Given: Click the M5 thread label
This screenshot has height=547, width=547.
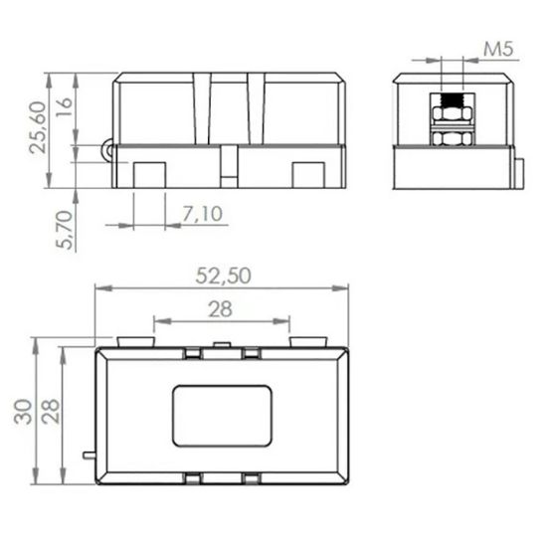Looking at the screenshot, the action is tap(498, 49).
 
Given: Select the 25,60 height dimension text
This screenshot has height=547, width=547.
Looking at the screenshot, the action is tap(38, 127).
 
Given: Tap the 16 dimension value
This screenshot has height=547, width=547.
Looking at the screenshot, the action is tap(64, 107).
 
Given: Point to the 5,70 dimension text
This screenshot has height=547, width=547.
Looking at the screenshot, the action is tap(65, 230).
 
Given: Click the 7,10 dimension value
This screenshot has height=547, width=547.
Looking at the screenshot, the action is tap(202, 214).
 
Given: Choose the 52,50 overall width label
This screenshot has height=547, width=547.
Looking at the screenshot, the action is tap(223, 275).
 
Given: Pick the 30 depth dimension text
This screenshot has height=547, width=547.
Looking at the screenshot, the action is tap(23, 412).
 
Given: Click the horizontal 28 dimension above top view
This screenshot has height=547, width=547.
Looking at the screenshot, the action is tap(220, 309).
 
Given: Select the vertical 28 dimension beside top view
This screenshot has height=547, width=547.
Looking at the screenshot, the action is tap(51, 412).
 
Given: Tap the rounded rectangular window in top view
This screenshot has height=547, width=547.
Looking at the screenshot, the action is tap(222, 416).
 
